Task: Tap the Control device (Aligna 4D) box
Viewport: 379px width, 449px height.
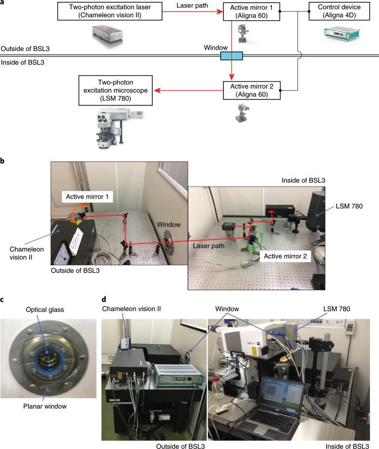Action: click(338, 11)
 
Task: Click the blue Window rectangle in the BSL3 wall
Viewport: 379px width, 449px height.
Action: click(231, 57)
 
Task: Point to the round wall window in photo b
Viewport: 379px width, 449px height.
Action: click(167, 247)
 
